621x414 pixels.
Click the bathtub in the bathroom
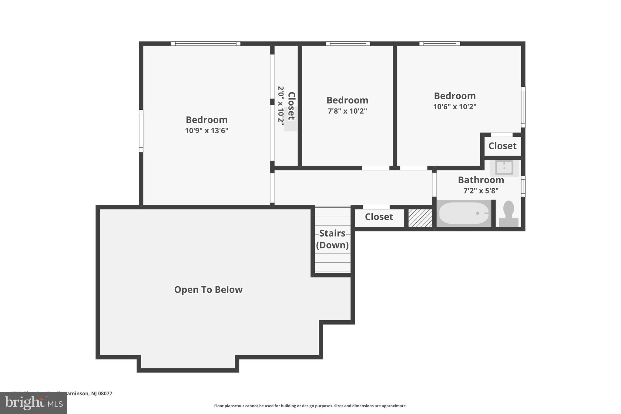tap(464, 213)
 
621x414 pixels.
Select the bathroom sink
tap(504, 167)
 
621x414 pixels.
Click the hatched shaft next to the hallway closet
tap(420, 218)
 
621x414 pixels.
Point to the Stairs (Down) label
tap(332, 239)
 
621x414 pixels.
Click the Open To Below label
tap(208, 290)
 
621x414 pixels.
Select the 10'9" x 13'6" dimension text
tap(206, 131)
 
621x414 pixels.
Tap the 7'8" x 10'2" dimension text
tap(347, 111)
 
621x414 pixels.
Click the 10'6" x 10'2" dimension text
tap(455, 107)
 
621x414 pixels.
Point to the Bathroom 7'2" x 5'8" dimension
tap(481, 191)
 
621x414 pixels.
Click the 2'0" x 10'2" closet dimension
tap(281, 106)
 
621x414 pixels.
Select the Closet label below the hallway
tap(379, 217)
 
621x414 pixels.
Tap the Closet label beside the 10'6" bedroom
tap(502, 146)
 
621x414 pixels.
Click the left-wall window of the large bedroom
tap(141, 131)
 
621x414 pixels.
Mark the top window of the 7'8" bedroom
tap(348, 44)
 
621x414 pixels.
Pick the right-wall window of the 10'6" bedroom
tap(523, 107)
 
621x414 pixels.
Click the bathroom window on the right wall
tap(523, 186)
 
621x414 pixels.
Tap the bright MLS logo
tap(34, 403)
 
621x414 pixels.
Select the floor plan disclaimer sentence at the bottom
tap(310, 406)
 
